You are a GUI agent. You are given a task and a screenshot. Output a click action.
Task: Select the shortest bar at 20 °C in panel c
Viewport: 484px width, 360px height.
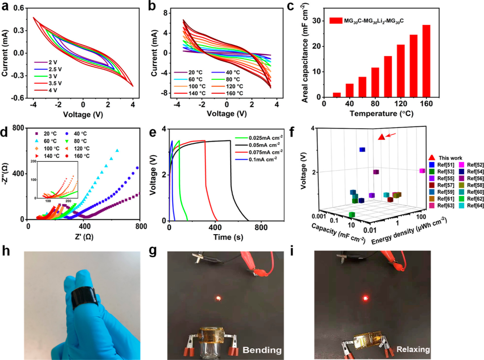pos(337,95)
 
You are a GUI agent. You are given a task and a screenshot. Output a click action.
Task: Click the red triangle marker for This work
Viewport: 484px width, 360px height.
pos(381,137)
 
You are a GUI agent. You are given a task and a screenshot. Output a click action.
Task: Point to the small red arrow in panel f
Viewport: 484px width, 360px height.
pos(391,133)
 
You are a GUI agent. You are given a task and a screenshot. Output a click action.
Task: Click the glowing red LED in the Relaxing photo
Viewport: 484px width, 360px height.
pos(365,298)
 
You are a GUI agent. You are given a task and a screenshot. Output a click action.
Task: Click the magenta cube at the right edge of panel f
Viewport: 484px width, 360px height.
pos(422,171)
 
